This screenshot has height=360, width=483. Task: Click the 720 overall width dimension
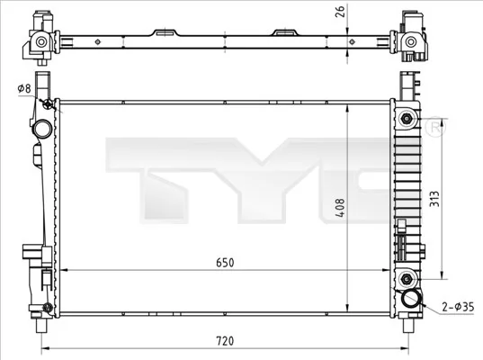[x=225, y=342]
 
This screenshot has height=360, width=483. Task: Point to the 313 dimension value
[x=434, y=198]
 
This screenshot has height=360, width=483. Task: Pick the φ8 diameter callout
[x=23, y=87]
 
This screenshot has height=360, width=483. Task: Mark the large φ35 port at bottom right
[x=412, y=300]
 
